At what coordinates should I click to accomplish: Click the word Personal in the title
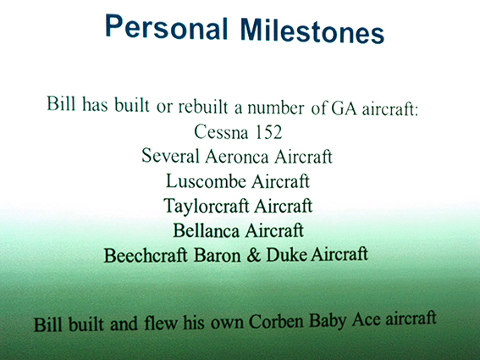click(166, 28)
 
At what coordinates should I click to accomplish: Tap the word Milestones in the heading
click(312, 30)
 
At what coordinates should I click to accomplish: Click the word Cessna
click(221, 132)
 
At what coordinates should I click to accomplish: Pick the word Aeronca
click(237, 157)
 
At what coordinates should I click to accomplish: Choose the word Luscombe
click(206, 181)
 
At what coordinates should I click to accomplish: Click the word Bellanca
click(206, 230)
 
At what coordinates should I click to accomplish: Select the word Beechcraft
click(146, 255)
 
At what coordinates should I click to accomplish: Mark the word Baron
click(217, 255)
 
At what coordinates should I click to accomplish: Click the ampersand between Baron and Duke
click(253, 255)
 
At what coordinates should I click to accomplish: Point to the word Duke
click(286, 255)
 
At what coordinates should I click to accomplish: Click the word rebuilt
click(203, 107)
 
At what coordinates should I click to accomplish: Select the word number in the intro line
click(276, 108)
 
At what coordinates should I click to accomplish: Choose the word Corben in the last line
click(275, 321)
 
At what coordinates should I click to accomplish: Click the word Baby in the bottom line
click(328, 320)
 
